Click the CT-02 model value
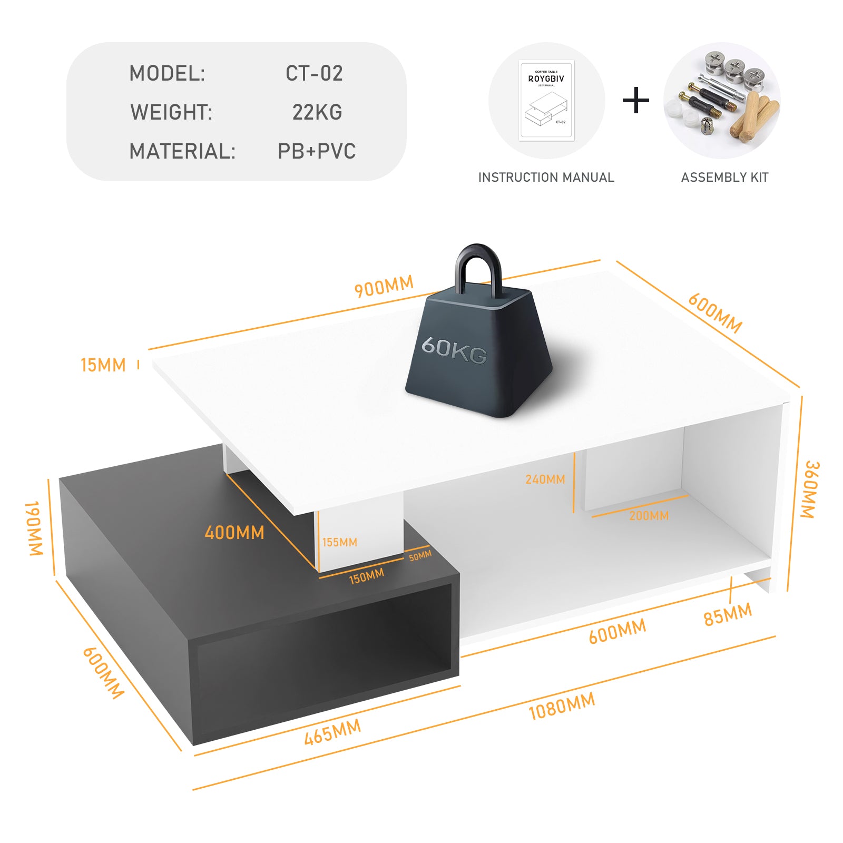314,73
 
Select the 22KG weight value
317,112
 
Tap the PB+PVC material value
317,151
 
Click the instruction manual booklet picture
546,101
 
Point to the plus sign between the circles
636,101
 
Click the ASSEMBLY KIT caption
724,178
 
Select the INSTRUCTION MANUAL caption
546,178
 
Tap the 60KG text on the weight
454,350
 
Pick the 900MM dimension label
384,286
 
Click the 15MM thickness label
103,365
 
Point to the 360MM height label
810,489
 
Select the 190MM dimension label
34,528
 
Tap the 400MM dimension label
234,533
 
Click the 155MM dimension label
340,542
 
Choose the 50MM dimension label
420,555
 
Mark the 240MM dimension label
545,479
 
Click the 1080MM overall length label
562,706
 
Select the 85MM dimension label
728,614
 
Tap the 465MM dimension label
333,732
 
